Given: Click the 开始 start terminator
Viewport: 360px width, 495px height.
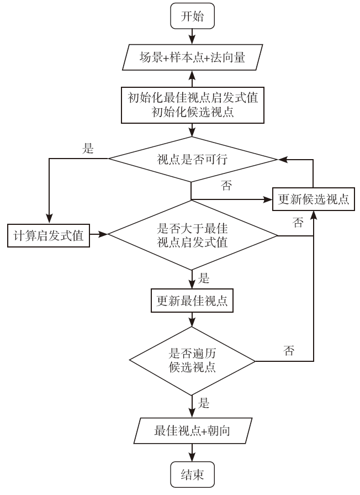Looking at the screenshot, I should (x=192, y=17).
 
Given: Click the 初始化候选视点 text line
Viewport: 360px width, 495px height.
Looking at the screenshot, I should (x=192, y=113).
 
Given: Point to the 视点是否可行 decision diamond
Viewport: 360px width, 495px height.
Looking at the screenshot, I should (x=192, y=160).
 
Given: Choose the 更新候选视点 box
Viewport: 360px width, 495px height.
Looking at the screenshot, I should (x=313, y=199).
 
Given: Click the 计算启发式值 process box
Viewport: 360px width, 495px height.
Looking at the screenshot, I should (x=49, y=235).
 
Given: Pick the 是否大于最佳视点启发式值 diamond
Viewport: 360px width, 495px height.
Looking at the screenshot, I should (x=192, y=235).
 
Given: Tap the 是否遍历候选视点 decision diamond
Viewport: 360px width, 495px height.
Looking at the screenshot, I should (x=192, y=361).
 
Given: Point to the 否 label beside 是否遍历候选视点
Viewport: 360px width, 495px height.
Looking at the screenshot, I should (x=288, y=351).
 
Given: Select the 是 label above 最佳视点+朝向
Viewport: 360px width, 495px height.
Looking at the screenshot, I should (x=203, y=404).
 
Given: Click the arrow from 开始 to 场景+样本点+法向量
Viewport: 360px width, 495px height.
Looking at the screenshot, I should (x=192, y=36).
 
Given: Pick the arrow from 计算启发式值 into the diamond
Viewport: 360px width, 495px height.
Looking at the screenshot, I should (x=99, y=235).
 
